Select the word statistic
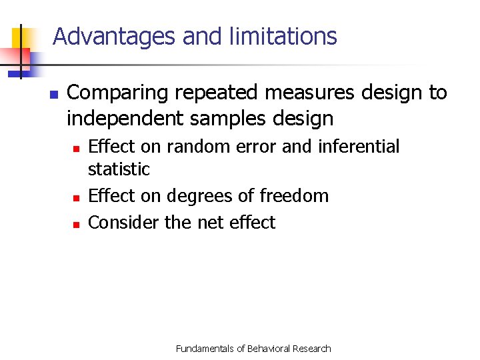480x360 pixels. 119,169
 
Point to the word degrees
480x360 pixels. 199,196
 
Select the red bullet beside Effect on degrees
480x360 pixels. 77,198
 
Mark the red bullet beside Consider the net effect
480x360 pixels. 77,225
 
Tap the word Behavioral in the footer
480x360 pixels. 271,349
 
